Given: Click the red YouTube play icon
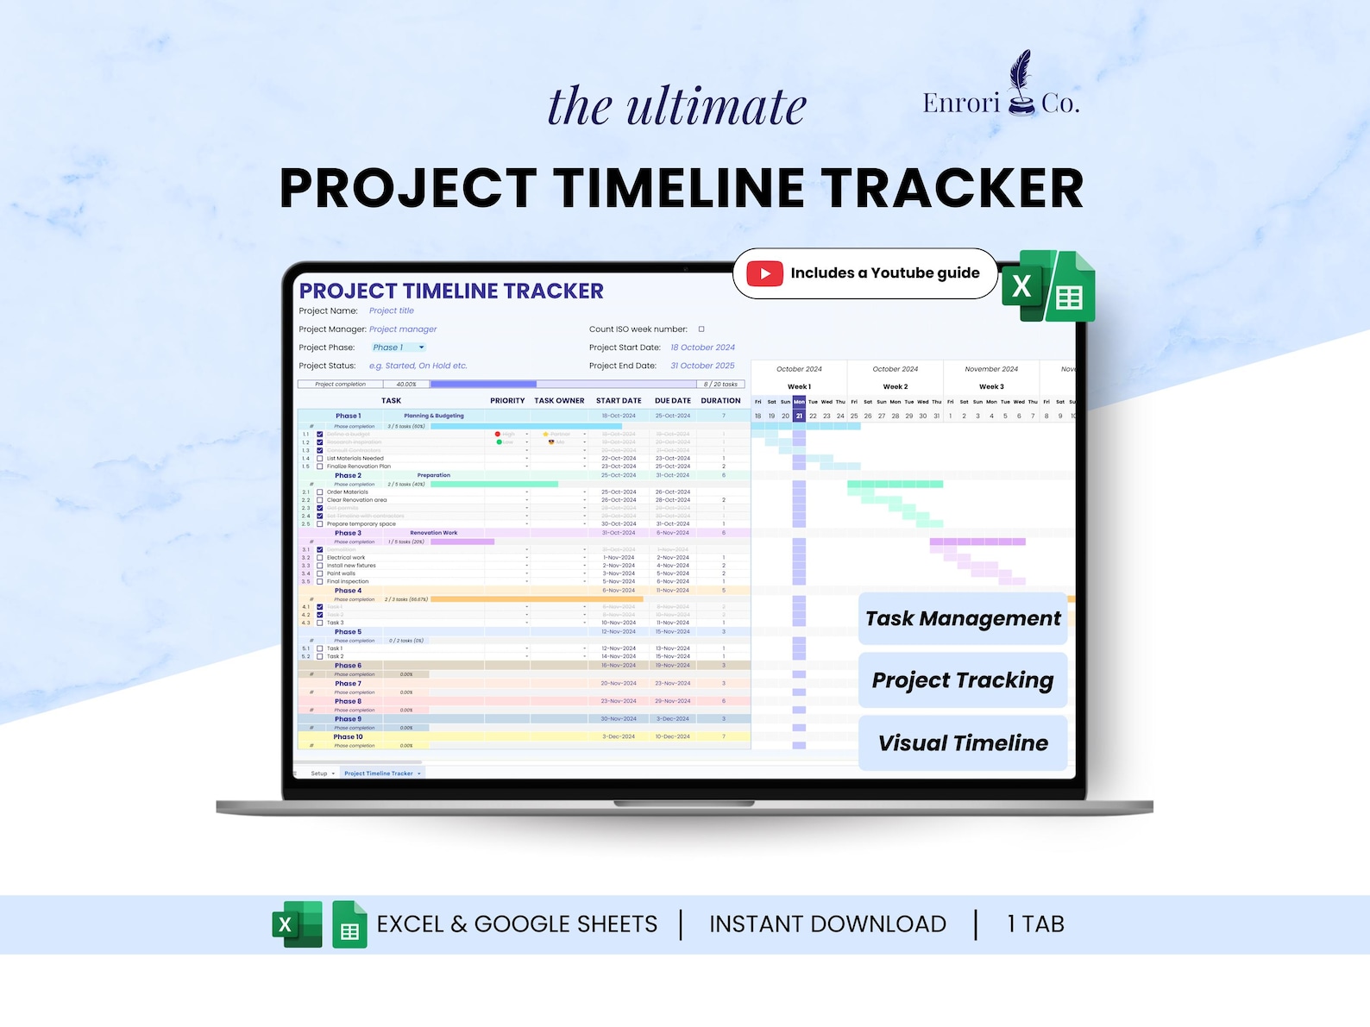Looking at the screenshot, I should point(764,273).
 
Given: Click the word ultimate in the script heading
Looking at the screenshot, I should point(716,107).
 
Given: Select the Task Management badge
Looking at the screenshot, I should point(963,618).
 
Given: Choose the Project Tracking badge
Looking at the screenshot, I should point(963,680).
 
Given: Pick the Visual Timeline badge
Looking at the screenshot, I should point(963,743).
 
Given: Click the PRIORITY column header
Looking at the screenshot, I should point(507,401).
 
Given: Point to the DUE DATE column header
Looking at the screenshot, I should point(673,401).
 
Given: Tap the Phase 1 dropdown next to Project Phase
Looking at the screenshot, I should point(398,348).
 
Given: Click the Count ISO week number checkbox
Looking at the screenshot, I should point(701,329).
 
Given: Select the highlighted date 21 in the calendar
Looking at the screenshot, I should point(799,416).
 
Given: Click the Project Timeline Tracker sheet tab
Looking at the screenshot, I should point(380,773).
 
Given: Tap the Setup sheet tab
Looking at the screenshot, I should point(319,773).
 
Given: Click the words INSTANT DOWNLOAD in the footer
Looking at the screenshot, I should point(827,924).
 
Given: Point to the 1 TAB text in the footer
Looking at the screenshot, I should point(1035,924).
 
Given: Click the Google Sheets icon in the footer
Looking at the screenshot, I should point(349,925).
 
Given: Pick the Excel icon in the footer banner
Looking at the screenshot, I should point(297,925).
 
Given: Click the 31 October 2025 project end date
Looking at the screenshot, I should point(702,366).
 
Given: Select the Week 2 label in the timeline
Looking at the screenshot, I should point(896,387).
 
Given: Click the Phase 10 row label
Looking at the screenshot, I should point(348,737).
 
